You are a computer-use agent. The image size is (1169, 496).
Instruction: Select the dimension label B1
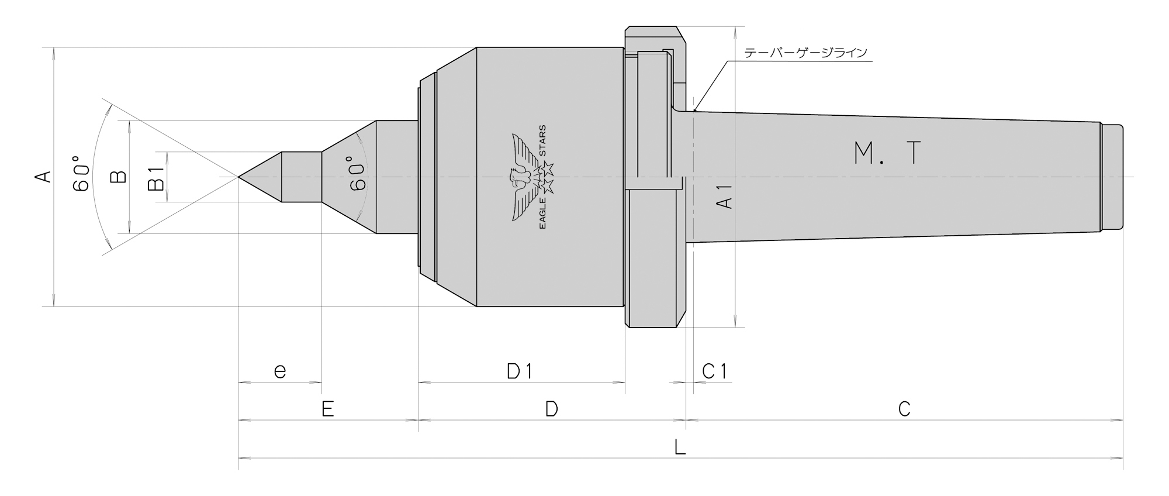point(156,178)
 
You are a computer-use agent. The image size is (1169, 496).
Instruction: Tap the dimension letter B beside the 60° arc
point(119,176)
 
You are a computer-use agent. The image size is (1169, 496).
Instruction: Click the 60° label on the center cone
point(357,174)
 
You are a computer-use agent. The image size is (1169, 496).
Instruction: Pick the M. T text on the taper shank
point(887,153)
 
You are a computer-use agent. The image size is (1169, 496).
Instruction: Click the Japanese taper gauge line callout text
point(806,53)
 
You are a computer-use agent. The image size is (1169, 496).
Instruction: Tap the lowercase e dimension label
point(280,371)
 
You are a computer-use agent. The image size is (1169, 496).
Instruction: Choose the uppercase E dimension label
point(327,409)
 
